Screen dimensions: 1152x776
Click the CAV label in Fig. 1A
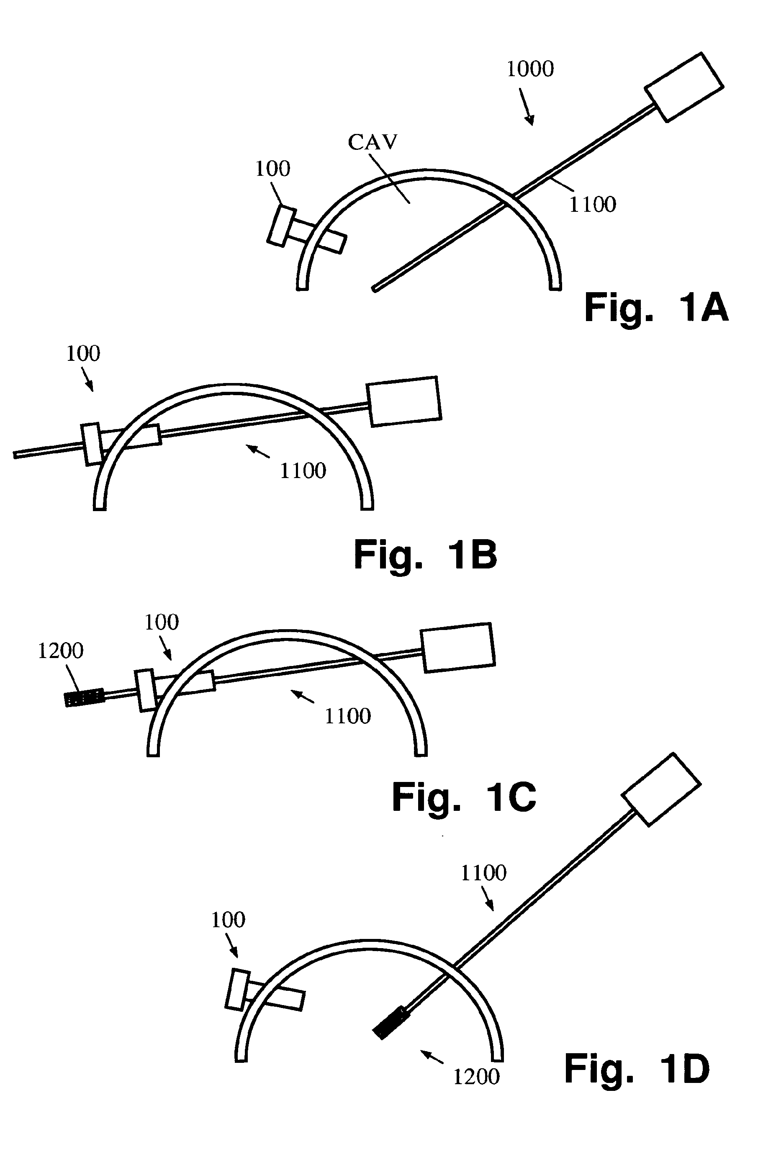372,142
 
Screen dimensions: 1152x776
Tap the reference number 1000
530,69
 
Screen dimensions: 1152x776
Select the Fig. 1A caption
656,308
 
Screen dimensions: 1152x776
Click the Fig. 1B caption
425,555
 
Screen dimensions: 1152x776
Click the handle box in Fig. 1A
684,87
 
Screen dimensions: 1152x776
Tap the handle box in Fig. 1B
403,401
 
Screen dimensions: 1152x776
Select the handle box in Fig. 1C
458,647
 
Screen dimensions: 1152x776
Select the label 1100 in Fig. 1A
592,205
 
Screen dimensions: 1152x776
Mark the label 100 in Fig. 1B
82,354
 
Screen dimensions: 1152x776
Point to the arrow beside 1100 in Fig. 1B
258,451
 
